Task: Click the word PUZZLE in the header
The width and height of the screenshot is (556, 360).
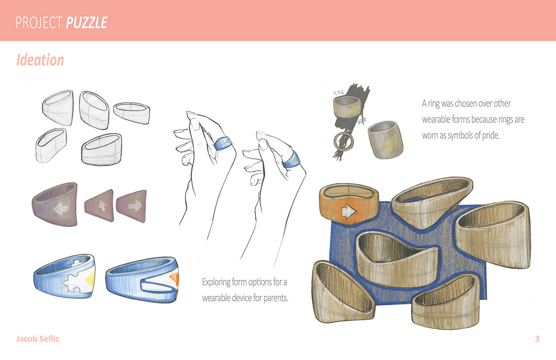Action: coord(87,23)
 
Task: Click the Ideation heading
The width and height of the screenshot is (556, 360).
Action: coord(40,60)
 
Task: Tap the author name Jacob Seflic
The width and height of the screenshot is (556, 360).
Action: coord(38,339)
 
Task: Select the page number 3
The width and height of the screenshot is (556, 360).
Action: coord(537,339)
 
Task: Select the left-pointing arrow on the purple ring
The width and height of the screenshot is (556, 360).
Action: coord(61,209)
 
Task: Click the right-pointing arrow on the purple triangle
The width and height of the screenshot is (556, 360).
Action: coord(135,206)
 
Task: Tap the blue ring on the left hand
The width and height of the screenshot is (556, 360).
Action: coord(222,143)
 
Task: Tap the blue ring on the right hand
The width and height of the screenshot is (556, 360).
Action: coord(291,160)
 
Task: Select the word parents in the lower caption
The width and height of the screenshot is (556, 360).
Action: coord(276,298)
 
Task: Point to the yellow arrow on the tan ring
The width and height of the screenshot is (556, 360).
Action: coord(390,143)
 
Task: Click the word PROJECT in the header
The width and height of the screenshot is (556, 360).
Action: coord(39,23)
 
